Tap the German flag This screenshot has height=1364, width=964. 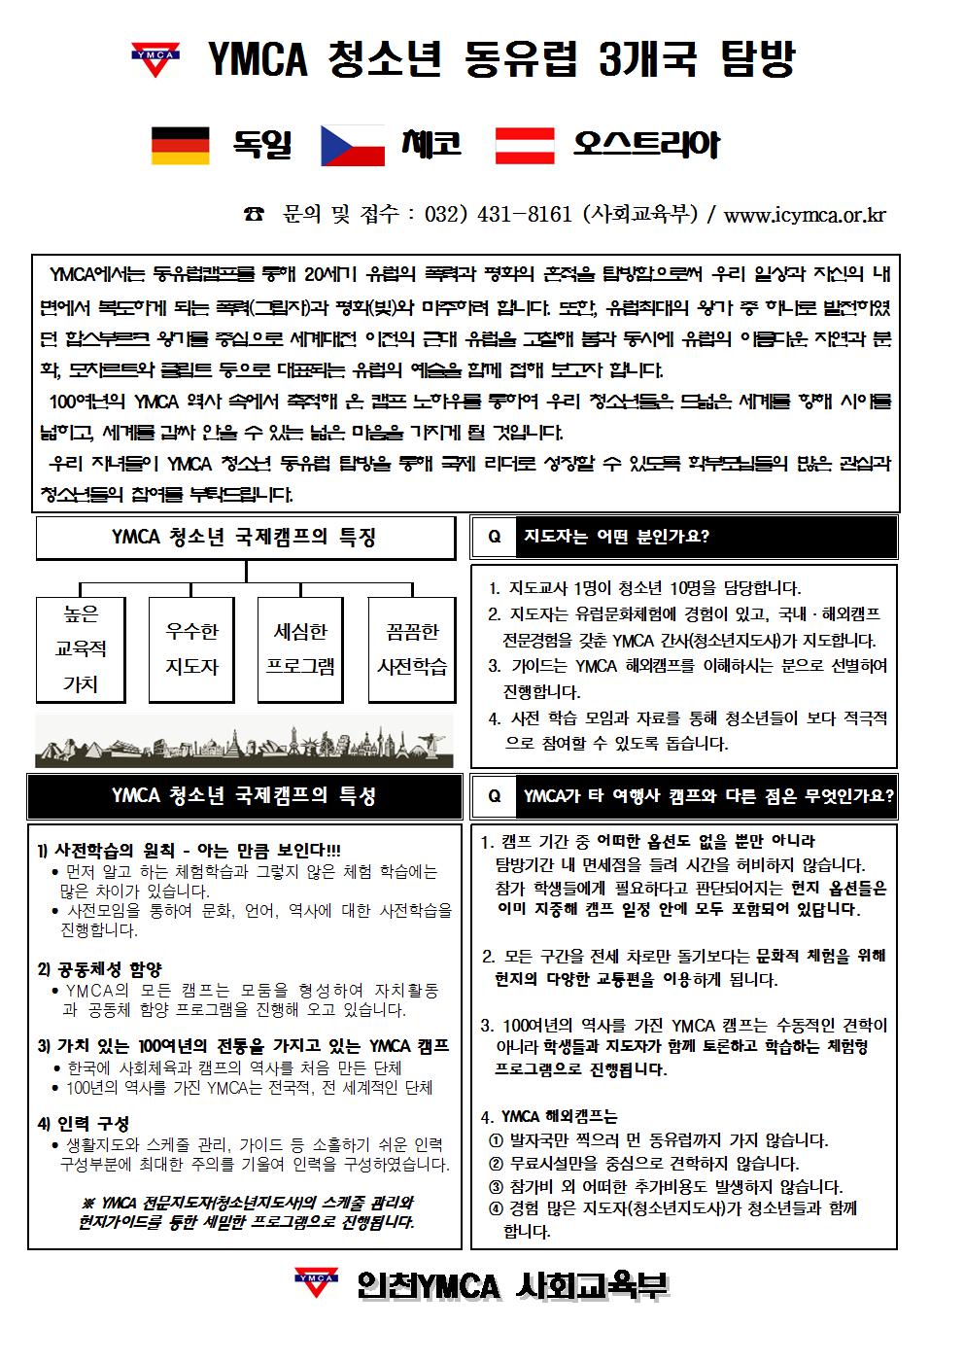pyautogui.click(x=180, y=145)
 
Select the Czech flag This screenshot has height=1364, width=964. pyautogui.click(x=353, y=145)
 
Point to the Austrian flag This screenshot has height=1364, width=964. pyautogui.click(x=525, y=145)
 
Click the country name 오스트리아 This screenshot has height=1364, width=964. pyautogui.click(x=646, y=145)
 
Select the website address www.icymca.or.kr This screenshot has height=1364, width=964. pyautogui.click(x=805, y=215)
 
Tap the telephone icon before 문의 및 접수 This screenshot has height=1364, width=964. pyautogui.click(x=254, y=215)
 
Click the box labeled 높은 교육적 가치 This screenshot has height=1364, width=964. pyautogui.click(x=81, y=648)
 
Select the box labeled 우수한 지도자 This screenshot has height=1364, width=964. pyautogui.click(x=191, y=648)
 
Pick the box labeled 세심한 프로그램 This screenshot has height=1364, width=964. pyautogui.click(x=301, y=648)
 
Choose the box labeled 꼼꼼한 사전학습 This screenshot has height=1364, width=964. pyautogui.click(x=412, y=648)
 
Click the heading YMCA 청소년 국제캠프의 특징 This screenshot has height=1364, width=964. pyautogui.click(x=245, y=537)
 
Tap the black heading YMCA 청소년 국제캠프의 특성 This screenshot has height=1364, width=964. pyautogui.click(x=245, y=796)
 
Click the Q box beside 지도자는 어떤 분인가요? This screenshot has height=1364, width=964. pyautogui.click(x=495, y=537)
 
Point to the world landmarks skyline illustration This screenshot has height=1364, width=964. pyautogui.click(x=245, y=742)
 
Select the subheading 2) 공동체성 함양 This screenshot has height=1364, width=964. pyautogui.click(x=99, y=968)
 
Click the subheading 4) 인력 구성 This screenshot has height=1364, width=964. pyautogui.click(x=84, y=1123)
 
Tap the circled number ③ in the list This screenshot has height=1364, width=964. pyautogui.click(x=496, y=1186)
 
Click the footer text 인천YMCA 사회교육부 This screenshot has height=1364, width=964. pyautogui.click(x=511, y=1286)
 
